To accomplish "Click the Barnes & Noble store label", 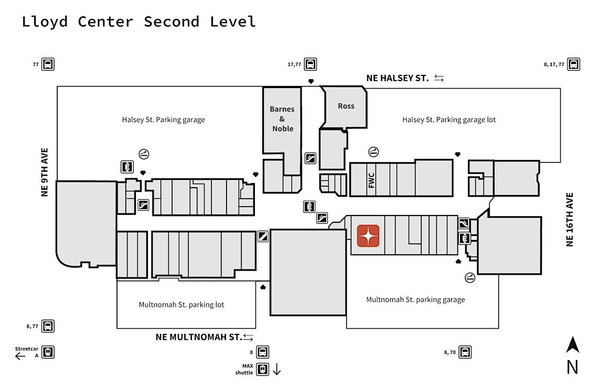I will (282, 119).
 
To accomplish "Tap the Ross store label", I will (346, 106).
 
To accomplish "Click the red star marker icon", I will (368, 235).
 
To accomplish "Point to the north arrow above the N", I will (572, 345).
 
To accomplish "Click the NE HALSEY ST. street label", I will (398, 78).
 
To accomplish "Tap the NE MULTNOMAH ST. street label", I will (198, 337).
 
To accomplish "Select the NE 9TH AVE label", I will (45, 172).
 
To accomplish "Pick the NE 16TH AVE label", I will (570, 220).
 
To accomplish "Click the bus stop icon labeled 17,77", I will (310, 64).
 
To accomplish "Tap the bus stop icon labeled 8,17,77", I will (574, 64).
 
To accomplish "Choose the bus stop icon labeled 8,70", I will (465, 352).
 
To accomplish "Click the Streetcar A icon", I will (48, 352).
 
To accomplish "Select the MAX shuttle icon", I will (263, 369).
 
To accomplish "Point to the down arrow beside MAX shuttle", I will (277, 369).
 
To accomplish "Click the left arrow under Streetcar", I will (20, 356).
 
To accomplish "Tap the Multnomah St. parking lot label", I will (181, 305).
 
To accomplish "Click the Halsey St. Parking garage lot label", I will (449, 120).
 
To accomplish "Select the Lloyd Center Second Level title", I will (139, 21).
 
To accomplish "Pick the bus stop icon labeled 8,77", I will (48, 326).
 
